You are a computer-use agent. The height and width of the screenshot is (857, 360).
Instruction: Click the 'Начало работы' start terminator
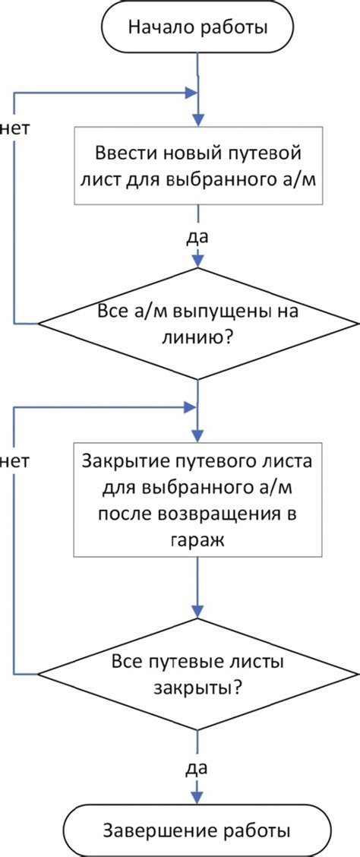pyautogui.click(x=197, y=29)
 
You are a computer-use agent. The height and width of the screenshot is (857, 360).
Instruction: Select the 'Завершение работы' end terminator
pyautogui.click(x=197, y=828)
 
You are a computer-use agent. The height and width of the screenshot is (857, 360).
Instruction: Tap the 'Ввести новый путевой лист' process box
pyautogui.click(x=197, y=166)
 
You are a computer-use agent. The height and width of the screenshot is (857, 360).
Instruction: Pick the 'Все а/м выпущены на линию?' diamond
pyautogui.click(x=197, y=324)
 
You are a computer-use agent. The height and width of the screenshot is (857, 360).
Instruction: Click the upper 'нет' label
pyautogui.click(x=14, y=128)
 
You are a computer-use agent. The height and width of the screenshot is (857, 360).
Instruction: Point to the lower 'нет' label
pyautogui.click(x=14, y=460)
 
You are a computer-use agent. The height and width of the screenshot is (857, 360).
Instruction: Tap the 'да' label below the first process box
pyautogui.click(x=197, y=236)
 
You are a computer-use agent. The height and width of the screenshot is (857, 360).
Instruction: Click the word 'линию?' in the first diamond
pyautogui.click(x=197, y=337)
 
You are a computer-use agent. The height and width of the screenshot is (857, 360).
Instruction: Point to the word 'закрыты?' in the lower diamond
pyautogui.click(x=197, y=688)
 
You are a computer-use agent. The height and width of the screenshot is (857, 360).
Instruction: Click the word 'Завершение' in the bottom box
pyautogui.click(x=163, y=828)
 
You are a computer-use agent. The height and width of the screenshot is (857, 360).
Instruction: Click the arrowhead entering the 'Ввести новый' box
pyautogui.click(x=197, y=120)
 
